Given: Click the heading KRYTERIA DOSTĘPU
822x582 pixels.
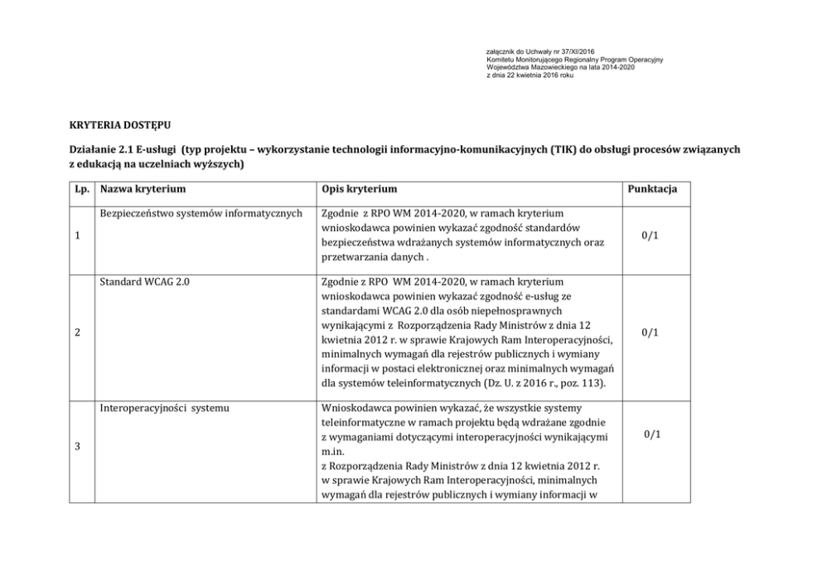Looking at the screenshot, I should [x=114, y=124].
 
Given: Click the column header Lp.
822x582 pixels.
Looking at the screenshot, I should [x=82, y=189].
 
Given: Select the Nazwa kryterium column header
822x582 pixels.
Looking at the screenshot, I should [x=143, y=189].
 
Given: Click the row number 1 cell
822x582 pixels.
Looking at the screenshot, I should [x=77, y=236].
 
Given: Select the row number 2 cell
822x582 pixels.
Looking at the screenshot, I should [x=77, y=333].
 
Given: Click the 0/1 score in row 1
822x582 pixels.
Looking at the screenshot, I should [x=650, y=236].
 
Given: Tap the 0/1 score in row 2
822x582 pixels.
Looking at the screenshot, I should [x=650, y=333].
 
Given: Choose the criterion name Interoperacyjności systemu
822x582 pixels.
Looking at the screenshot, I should [x=164, y=408].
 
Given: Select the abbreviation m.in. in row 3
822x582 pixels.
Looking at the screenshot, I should [x=331, y=453].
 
